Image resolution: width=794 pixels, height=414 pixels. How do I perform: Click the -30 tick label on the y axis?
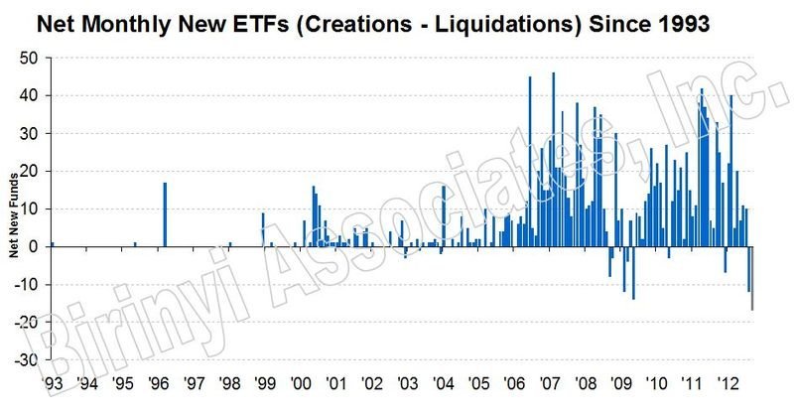[27, 359]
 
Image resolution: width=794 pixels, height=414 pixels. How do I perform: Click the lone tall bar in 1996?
[165, 214]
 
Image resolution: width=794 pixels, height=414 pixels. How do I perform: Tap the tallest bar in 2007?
[553, 159]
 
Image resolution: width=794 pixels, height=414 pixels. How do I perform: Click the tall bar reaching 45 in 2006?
[530, 161]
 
